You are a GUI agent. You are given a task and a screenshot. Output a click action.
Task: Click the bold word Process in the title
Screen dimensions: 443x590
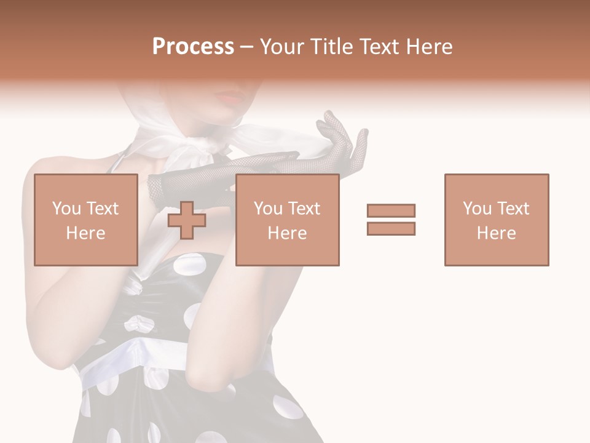tap(193, 47)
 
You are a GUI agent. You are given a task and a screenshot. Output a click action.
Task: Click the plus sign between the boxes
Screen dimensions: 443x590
tap(187, 220)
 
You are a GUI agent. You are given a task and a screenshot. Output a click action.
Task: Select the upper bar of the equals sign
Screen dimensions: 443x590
tap(391, 211)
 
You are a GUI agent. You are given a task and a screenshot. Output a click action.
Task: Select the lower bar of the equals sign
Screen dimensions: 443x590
tap(391, 228)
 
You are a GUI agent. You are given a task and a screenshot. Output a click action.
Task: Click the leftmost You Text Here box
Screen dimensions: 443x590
tap(85, 220)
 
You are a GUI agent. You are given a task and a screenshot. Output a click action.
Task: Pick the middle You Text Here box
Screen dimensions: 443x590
tap(287, 220)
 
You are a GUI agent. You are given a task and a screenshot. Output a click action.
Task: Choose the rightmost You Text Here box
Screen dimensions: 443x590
tap(496, 220)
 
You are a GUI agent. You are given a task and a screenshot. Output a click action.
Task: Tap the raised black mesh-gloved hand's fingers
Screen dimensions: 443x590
tap(335, 126)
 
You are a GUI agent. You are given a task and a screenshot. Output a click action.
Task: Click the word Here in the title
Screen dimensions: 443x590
tap(430, 47)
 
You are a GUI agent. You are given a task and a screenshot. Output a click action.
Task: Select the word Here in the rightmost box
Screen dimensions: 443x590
tap(496, 233)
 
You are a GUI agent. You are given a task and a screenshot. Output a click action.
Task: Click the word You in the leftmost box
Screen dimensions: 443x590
tap(66, 208)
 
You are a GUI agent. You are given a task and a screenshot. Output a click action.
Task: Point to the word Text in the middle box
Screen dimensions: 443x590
tap(305, 208)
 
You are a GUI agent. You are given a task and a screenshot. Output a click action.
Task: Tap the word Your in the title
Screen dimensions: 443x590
tap(280, 47)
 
